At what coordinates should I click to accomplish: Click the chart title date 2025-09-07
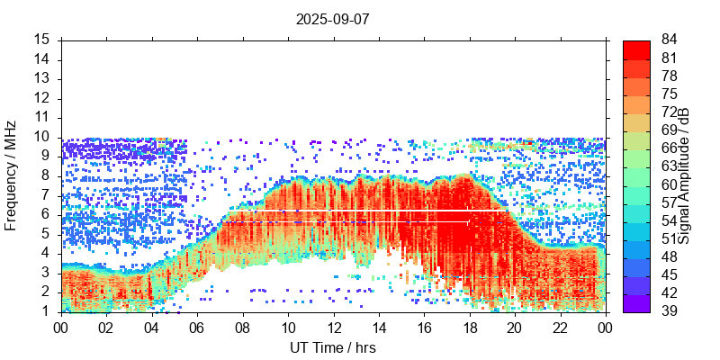[332, 18]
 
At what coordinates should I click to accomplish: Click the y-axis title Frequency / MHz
[11, 175]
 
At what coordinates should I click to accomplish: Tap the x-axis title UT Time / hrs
[332, 347]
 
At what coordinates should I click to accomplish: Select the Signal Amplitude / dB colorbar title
[685, 175]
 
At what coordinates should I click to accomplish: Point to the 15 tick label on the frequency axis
[41, 40]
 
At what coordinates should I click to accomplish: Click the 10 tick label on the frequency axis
[41, 137]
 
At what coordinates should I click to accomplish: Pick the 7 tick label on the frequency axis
[45, 195]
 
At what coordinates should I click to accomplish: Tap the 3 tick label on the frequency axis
[45, 273]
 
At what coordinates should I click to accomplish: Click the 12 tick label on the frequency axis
[41, 98]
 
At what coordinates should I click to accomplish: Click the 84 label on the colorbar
[669, 40]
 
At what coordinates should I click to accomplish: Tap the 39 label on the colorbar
[669, 311]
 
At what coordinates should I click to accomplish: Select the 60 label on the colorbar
[669, 184]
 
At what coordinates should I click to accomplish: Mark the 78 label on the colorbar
[669, 76]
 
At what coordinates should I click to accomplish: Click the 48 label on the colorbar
[669, 256]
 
